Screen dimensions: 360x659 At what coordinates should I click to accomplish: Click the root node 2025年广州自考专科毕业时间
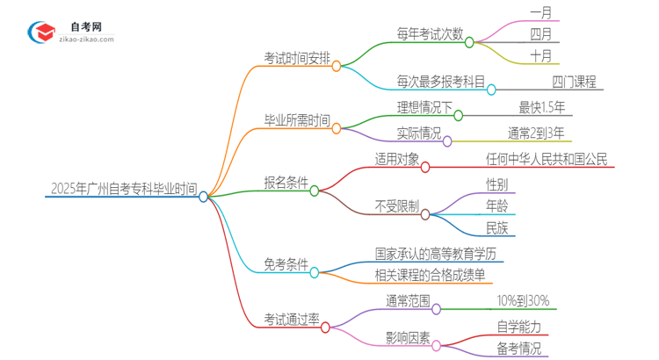[x=123, y=188]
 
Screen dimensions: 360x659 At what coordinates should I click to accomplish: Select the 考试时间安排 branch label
[x=297, y=59]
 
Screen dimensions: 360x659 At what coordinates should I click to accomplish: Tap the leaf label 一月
[x=541, y=12]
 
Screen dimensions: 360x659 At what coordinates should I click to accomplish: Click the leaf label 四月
[x=541, y=34]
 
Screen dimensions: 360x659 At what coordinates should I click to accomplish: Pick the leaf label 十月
[x=541, y=56]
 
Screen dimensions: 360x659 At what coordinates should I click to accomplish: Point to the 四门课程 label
[x=575, y=82]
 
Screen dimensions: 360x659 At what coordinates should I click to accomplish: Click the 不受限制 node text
[x=395, y=206]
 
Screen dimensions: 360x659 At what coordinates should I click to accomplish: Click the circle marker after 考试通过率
[x=326, y=328]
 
